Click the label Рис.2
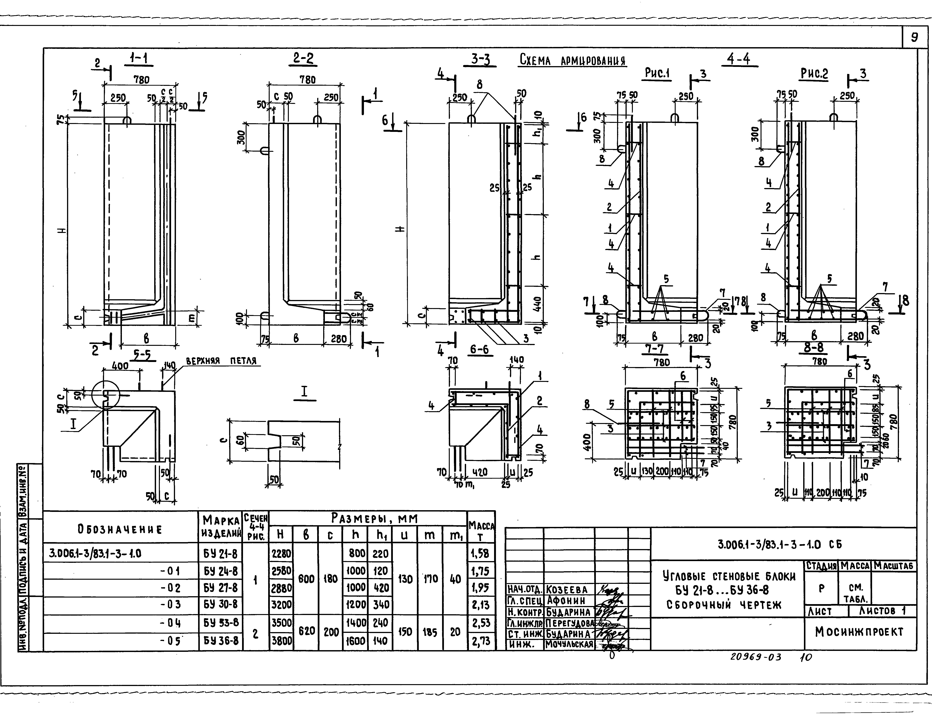[x=814, y=74]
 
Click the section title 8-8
[x=814, y=348]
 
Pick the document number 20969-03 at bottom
[x=756, y=657]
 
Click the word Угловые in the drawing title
[x=684, y=577]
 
